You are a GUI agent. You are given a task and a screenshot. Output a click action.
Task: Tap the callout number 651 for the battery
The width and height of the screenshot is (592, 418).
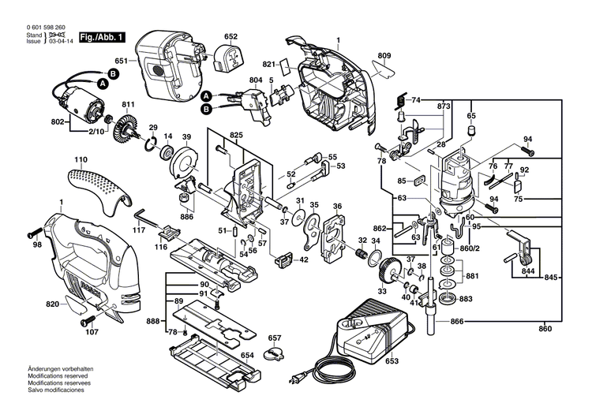coord(121,62)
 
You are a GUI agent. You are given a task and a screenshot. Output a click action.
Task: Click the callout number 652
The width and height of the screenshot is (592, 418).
coord(230,36)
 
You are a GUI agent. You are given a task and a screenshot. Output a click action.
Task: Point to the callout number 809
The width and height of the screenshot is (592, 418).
coord(384,55)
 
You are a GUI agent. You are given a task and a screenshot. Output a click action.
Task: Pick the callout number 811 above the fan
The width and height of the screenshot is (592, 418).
coord(127,105)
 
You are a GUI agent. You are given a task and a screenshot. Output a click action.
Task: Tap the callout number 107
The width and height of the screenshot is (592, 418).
coord(92,331)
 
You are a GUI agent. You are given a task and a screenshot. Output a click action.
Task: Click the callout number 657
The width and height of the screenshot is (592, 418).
coord(274,338)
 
